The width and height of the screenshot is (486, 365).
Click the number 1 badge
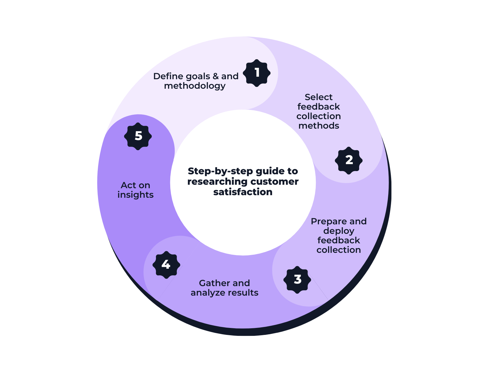point(257,73)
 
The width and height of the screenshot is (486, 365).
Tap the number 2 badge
point(349,160)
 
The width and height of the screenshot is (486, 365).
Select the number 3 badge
point(297,279)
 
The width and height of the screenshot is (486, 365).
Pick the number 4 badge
point(166,265)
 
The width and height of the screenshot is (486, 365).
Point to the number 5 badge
point(138,136)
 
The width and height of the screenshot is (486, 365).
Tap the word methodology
point(195,86)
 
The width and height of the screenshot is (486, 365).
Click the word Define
point(168,76)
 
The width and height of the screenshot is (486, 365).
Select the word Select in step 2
point(318,97)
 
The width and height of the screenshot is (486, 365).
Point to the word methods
point(319,126)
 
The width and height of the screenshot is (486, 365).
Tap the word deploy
point(339,231)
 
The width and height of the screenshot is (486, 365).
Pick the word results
point(244,293)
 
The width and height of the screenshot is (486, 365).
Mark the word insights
point(135,195)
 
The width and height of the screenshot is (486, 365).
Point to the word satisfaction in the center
point(243,192)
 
